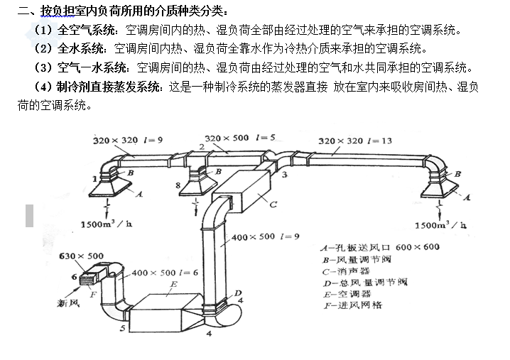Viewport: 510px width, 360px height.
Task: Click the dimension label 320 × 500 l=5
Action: (239, 138)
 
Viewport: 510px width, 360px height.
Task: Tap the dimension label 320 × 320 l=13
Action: (355, 141)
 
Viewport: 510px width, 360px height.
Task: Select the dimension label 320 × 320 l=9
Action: (128, 140)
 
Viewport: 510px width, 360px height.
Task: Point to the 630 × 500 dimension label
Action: (81, 256)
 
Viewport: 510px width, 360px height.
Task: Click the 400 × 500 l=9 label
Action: (265, 236)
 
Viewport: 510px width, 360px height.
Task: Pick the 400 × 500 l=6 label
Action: (165, 273)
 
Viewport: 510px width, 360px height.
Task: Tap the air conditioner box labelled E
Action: (166, 312)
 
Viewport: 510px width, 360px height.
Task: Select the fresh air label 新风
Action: (68, 303)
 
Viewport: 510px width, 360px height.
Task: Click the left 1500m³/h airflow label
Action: (107, 224)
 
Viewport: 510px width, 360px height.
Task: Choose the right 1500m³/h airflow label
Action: (440, 224)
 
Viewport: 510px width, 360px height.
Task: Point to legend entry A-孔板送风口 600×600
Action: (380, 248)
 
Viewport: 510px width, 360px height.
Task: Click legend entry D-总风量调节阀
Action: (365, 283)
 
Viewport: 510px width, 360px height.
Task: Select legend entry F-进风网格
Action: (353, 305)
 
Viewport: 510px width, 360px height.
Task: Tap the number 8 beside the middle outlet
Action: (178, 185)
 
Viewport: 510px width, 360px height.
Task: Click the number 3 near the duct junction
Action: (285, 175)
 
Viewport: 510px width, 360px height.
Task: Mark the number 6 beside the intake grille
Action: (74, 277)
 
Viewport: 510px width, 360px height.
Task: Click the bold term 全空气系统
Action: (87, 31)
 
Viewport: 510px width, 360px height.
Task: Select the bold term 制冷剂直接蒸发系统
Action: (108, 87)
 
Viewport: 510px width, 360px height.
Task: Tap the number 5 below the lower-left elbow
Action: (122, 328)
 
